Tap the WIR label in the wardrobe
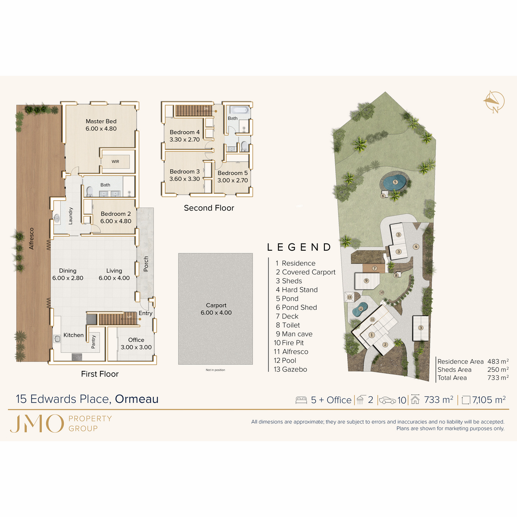coord(115,162)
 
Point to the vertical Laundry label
coord(71,216)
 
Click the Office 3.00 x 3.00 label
coord(136,343)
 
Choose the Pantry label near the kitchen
coord(93,342)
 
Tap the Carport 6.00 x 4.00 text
coord(216,309)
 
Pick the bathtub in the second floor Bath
coord(238,109)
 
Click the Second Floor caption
coord(209,208)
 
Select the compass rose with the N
coord(494,102)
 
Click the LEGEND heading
coord(299,247)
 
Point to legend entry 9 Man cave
coord(294,334)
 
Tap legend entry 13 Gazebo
coord(290,369)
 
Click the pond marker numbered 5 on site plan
coord(395,182)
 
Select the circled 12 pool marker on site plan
coord(361,309)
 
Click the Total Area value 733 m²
coord(498,378)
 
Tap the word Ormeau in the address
coord(137,399)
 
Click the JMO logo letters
coord(37,424)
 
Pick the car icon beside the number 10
coord(387,400)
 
